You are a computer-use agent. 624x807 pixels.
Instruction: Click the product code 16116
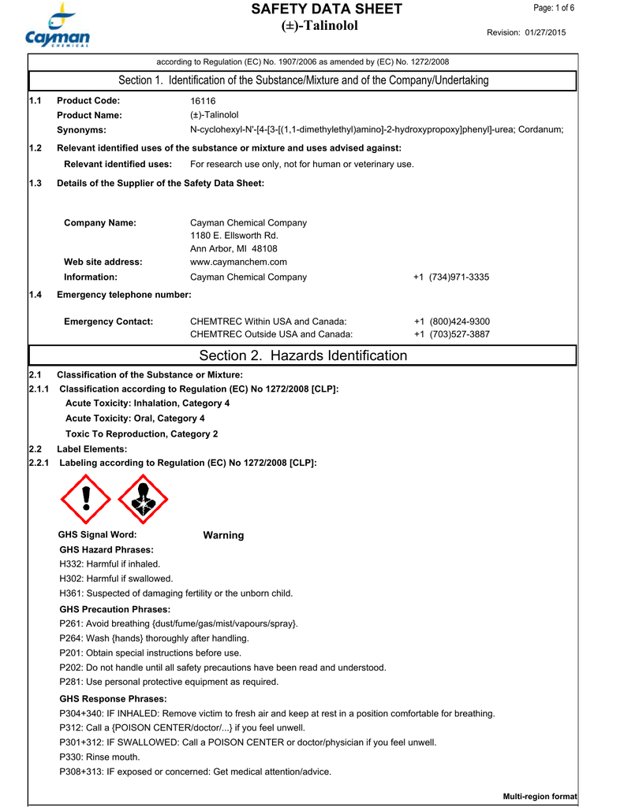click(203, 101)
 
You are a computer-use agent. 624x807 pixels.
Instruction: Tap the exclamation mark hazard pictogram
click(87, 499)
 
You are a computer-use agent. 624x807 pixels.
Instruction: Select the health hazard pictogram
click(143, 499)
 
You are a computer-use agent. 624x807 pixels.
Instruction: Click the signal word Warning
click(223, 536)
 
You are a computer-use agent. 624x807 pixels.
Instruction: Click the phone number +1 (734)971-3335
click(451, 277)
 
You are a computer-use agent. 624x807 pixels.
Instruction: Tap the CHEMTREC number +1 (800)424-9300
click(451, 322)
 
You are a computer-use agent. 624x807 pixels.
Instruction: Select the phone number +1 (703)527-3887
click(451, 335)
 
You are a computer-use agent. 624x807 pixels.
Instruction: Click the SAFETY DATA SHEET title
click(326, 9)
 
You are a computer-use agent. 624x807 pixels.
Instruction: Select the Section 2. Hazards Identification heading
click(303, 356)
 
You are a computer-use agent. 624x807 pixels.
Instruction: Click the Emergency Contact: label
click(108, 322)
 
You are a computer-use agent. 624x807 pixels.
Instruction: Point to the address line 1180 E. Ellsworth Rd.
click(234, 236)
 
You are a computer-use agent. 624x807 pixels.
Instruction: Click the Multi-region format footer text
click(540, 798)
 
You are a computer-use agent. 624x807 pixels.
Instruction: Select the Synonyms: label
click(81, 130)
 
